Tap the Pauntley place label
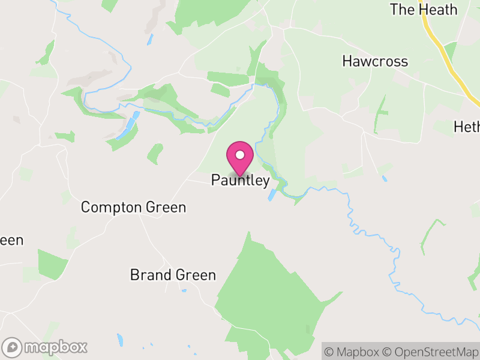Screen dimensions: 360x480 [x=240, y=181]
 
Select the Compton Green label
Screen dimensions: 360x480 [x=133, y=208]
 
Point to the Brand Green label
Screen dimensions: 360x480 [x=173, y=275]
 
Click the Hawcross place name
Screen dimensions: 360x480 [x=375, y=61]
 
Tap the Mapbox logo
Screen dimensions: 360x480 [x=45, y=347]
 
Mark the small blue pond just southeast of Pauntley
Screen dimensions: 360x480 [x=271, y=196]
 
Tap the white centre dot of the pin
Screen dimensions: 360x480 [x=240, y=155]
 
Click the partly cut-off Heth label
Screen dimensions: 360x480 [x=467, y=127]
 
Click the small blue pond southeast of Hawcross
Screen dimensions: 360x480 [x=384, y=178]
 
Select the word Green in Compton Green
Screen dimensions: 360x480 [x=165, y=208]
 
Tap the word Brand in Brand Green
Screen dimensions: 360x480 [x=146, y=275]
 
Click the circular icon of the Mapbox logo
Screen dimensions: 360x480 [x=12, y=347]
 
